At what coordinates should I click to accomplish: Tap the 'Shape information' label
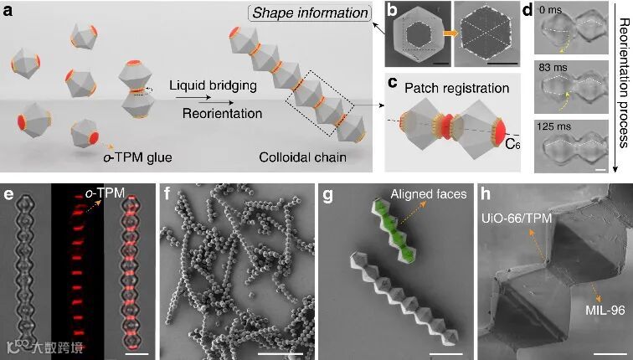322,13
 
